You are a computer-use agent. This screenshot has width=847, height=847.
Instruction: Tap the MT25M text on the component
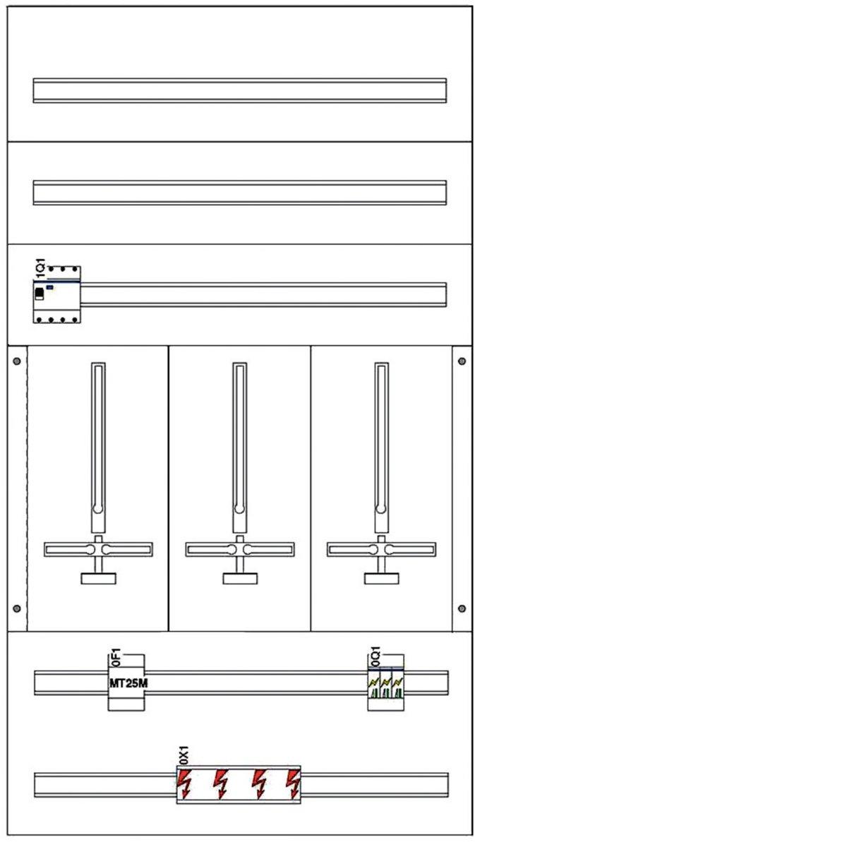(128, 684)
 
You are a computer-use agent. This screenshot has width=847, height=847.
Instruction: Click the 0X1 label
(183, 757)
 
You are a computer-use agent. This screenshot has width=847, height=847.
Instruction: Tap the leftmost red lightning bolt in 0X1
(186, 783)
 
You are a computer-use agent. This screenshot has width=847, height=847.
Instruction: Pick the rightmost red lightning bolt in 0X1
(292, 783)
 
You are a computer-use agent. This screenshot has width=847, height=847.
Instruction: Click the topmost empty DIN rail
(240, 90)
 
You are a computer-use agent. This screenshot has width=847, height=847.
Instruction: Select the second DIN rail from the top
(240, 193)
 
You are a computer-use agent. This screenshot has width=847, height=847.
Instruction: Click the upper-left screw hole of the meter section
(17, 361)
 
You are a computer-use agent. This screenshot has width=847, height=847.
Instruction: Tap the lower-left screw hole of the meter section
(17, 608)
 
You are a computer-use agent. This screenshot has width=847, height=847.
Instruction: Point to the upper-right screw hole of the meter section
(462, 361)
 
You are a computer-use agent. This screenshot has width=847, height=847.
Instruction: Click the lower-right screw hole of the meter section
(462, 608)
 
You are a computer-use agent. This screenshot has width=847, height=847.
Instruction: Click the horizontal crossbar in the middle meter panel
(240, 549)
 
